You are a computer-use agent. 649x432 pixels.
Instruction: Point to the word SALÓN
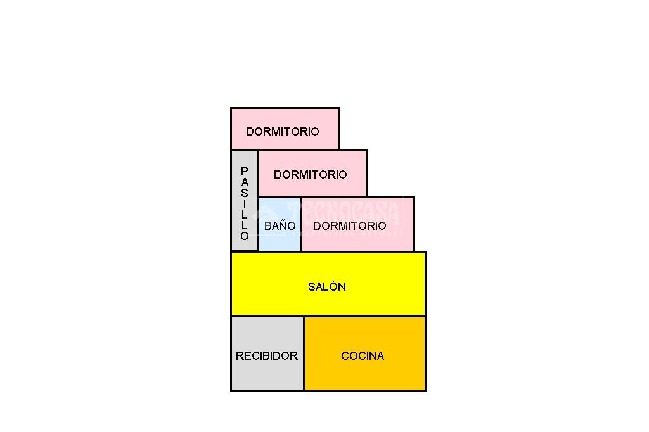click(327, 287)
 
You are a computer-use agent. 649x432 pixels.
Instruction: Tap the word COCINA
click(363, 356)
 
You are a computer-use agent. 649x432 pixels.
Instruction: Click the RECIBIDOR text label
click(266, 356)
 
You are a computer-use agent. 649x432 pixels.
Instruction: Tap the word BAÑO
click(280, 226)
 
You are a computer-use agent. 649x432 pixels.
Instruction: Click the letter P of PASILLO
click(245, 171)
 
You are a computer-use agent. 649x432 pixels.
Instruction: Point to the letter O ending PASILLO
click(245, 236)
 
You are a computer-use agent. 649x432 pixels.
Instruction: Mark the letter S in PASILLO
click(245, 193)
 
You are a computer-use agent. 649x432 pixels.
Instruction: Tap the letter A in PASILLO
click(245, 182)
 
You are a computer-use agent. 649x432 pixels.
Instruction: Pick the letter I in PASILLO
click(245, 203)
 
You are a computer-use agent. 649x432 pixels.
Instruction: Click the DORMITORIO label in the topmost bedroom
click(283, 132)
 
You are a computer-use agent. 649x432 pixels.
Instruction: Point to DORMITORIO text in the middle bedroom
click(311, 174)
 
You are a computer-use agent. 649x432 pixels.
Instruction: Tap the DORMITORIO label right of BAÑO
click(350, 226)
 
